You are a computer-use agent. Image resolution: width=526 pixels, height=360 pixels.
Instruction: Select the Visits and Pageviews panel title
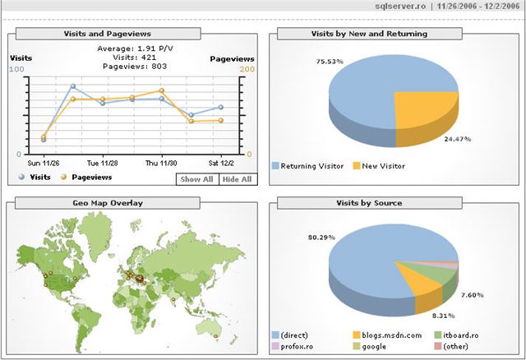tap(107, 34)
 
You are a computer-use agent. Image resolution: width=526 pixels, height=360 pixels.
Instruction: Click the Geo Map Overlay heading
tap(107, 202)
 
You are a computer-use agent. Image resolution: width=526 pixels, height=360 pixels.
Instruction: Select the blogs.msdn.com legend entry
tap(390, 335)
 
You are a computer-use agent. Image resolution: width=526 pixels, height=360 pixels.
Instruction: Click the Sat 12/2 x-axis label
tap(221, 163)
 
